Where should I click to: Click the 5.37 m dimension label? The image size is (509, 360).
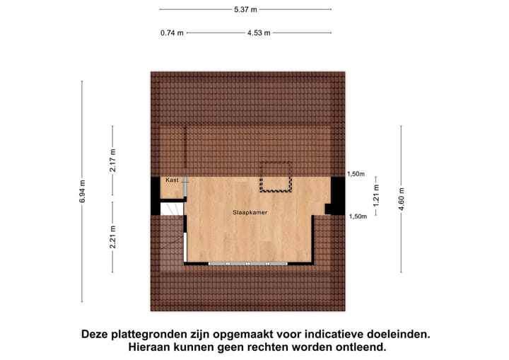245,9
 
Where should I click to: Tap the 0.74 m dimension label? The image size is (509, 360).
172,33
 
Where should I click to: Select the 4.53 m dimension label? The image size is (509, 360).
258,33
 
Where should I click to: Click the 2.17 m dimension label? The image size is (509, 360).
112,162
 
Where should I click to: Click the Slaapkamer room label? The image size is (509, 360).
250,211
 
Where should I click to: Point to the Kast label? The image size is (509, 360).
172,180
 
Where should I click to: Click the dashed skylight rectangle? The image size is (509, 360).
276,177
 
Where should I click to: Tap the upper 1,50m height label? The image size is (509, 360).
356,174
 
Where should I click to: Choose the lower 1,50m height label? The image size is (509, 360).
358,216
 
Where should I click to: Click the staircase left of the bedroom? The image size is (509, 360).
170,237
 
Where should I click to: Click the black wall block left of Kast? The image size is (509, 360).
156,195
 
